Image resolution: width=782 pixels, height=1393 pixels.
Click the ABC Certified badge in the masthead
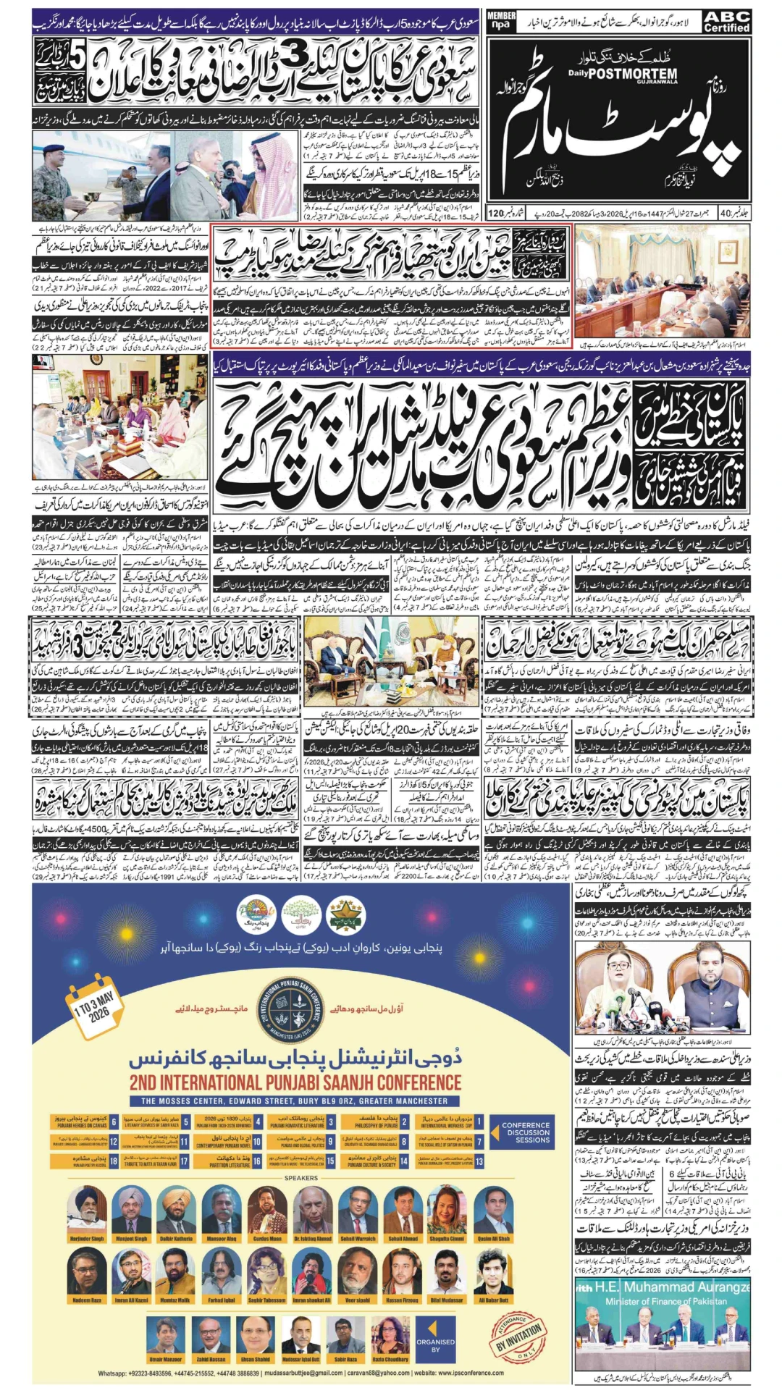[726, 22]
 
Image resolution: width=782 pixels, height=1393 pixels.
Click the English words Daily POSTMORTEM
[623, 74]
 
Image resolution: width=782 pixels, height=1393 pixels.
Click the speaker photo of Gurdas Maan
[267, 1208]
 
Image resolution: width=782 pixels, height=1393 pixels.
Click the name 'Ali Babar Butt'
[493, 1300]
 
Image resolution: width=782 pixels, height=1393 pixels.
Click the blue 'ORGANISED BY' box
[435, 1344]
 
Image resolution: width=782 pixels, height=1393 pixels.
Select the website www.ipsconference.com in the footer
[470, 1373]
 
